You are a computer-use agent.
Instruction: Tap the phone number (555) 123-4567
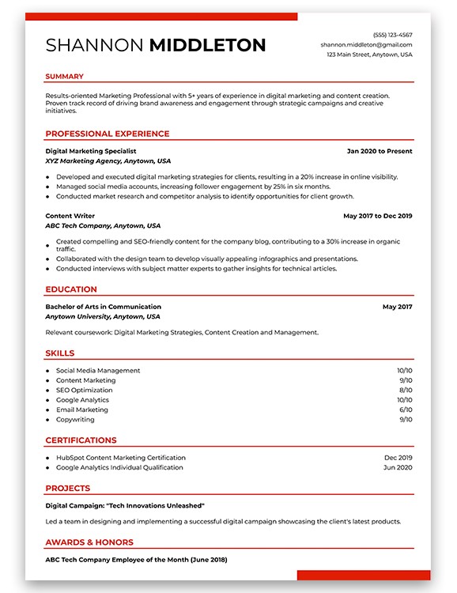(x=393, y=35)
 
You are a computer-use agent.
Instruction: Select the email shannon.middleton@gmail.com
(x=366, y=45)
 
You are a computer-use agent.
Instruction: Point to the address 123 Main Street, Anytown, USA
(x=369, y=55)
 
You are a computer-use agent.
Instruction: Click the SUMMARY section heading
(x=64, y=77)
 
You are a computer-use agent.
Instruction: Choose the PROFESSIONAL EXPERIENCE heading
(x=107, y=134)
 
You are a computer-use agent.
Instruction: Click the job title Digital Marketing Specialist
(x=91, y=150)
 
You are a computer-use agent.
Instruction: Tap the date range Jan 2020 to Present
(x=380, y=150)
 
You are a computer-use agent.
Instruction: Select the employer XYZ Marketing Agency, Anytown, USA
(x=108, y=161)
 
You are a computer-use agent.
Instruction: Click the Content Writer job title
(x=70, y=216)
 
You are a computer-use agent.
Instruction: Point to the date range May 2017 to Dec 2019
(x=378, y=216)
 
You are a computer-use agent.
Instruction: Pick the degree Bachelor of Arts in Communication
(x=103, y=307)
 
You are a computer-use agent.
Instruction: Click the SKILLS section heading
(x=60, y=353)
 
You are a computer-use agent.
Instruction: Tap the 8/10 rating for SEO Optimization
(x=405, y=391)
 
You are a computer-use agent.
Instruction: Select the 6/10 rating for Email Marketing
(x=405, y=410)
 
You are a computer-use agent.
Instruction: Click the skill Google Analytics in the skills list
(x=82, y=400)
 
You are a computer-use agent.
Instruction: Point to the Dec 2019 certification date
(x=398, y=458)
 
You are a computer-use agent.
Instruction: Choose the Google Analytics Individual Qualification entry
(x=119, y=468)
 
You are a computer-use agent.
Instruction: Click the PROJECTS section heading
(x=67, y=489)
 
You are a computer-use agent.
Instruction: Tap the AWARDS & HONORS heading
(x=89, y=542)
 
